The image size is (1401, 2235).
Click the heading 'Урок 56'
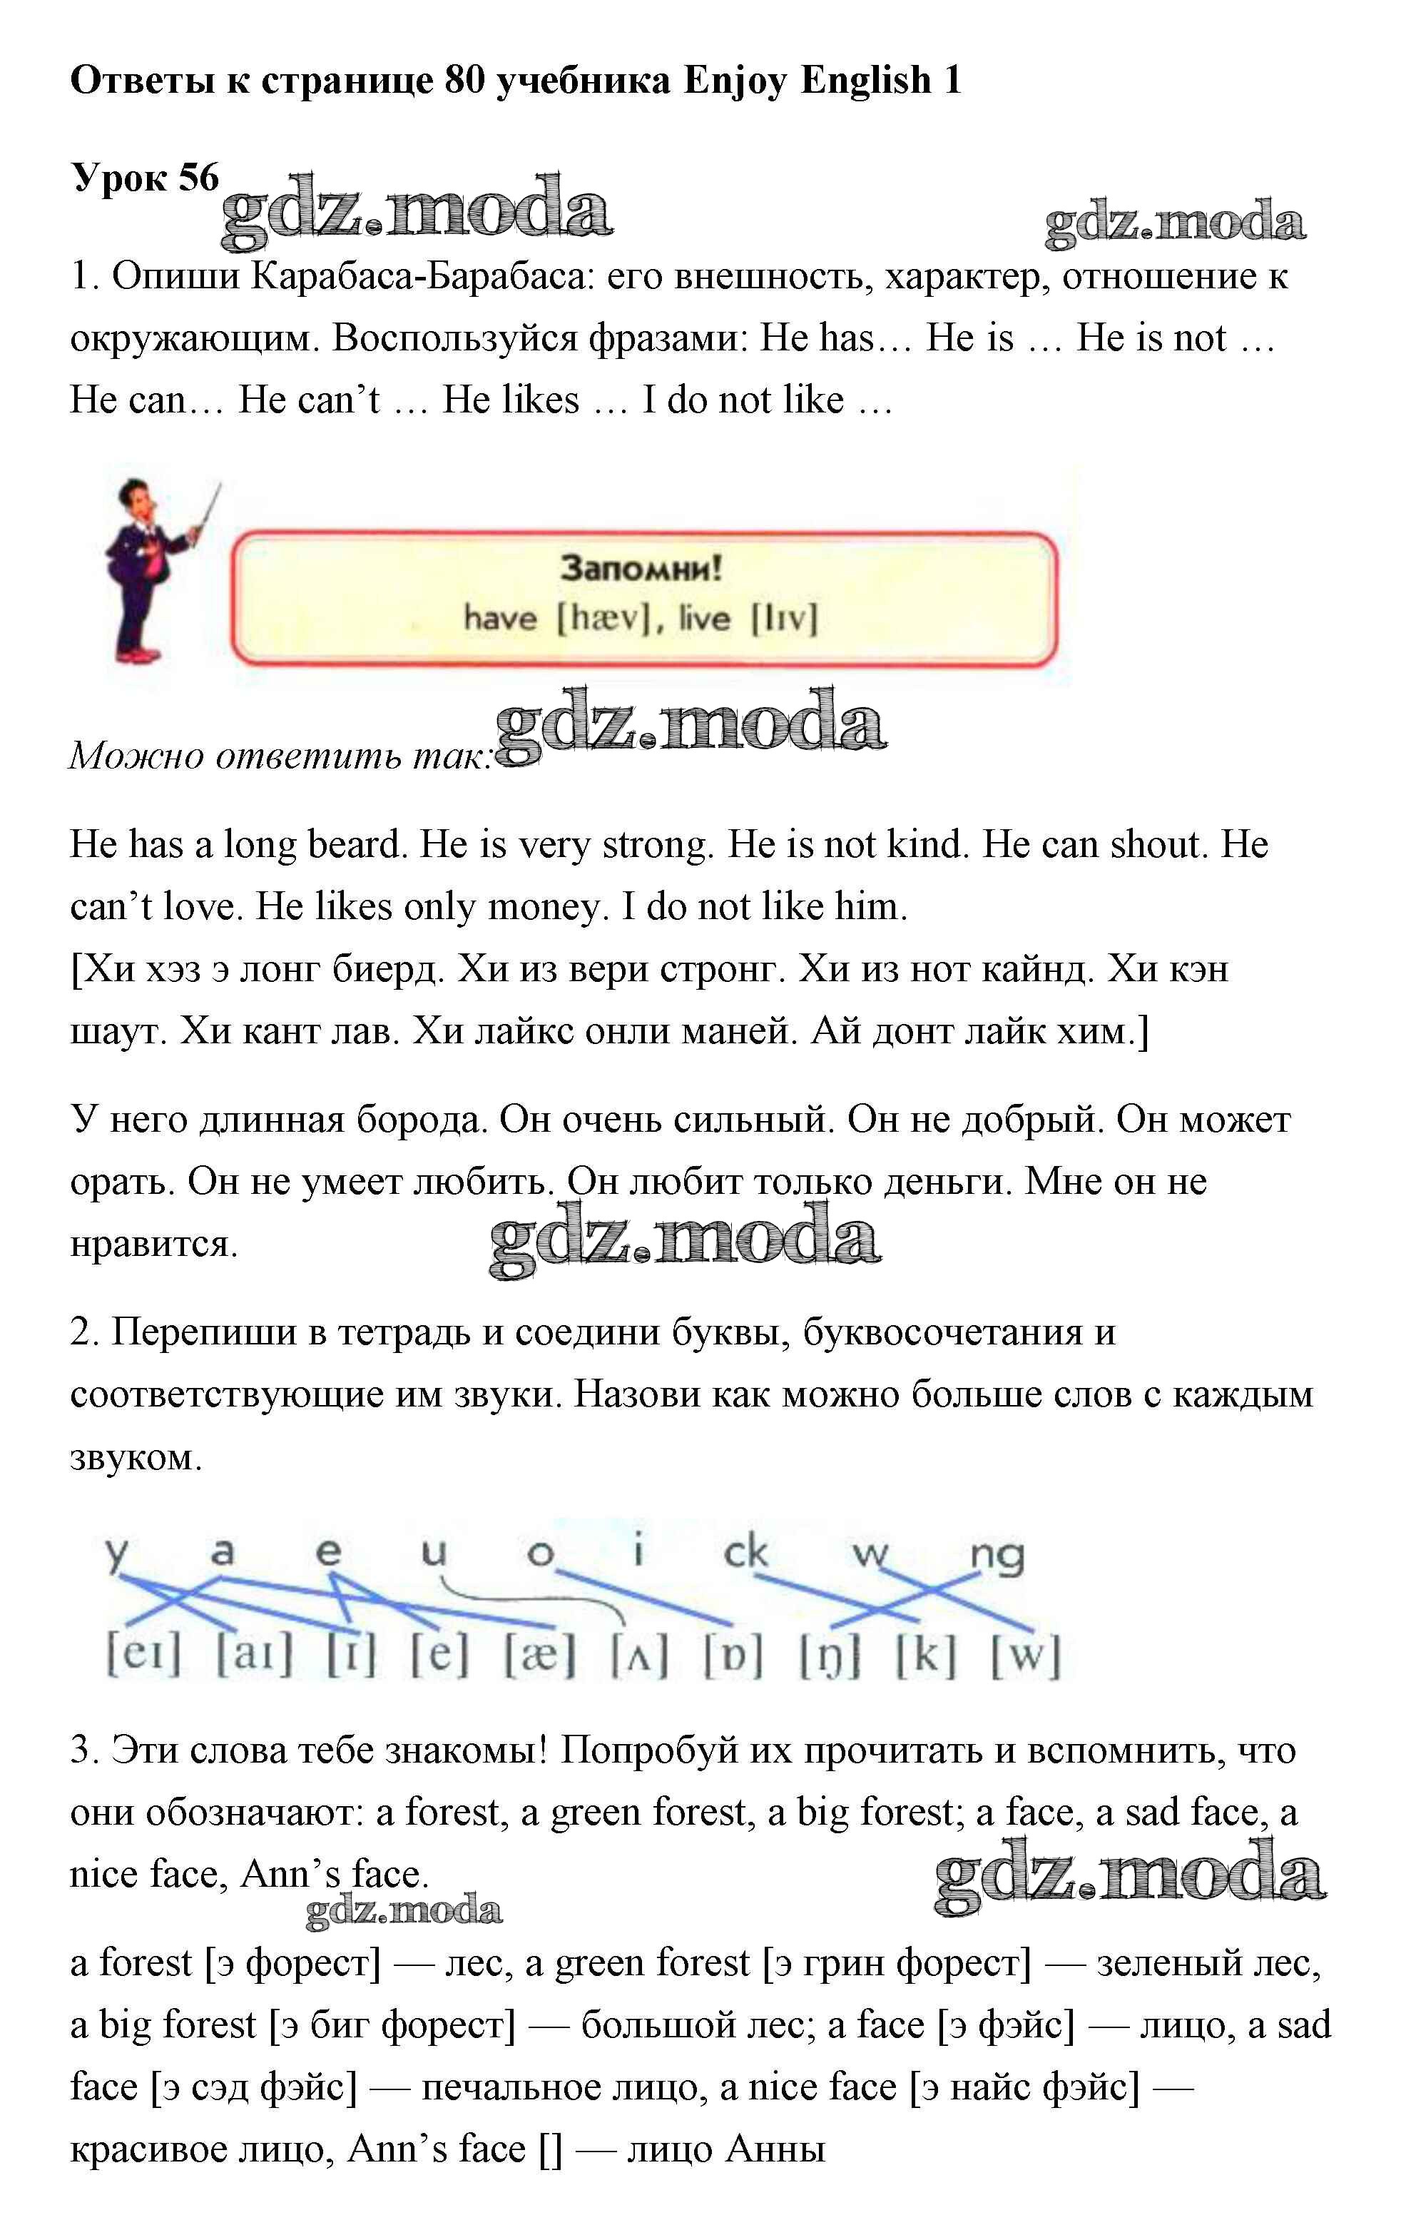(x=145, y=177)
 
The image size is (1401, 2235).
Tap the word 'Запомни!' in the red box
(x=641, y=567)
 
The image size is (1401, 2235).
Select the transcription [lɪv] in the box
(x=784, y=617)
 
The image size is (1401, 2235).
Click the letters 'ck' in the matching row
(x=746, y=1551)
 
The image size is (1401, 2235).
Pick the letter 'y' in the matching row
(x=115, y=1554)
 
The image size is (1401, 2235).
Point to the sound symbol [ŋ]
(x=830, y=1656)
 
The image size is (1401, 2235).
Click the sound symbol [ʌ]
(x=639, y=1656)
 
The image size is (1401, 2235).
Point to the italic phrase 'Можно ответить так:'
(x=279, y=756)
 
